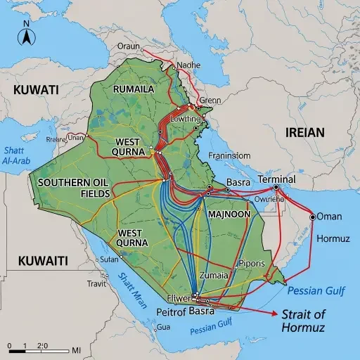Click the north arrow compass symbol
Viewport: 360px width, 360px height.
click(26, 34)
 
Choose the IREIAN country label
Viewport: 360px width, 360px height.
click(304, 131)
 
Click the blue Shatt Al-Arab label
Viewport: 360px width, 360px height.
click(19, 155)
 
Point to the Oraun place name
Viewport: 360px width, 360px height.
click(128, 47)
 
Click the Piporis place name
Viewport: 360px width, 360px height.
click(252, 263)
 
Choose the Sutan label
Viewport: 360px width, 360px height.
click(110, 259)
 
